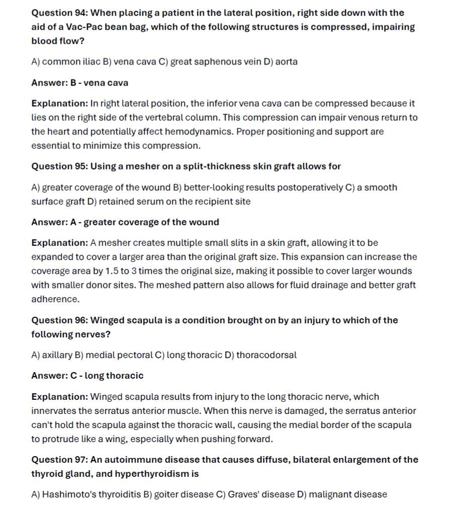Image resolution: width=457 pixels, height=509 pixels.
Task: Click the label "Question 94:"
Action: tap(59, 13)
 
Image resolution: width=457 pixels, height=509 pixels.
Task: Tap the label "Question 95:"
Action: tap(59, 166)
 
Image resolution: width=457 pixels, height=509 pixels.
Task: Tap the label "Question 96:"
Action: tap(59, 320)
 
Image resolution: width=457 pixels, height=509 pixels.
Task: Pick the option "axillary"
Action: tap(57, 355)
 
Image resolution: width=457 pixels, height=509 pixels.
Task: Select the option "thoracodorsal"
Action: tap(266, 355)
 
